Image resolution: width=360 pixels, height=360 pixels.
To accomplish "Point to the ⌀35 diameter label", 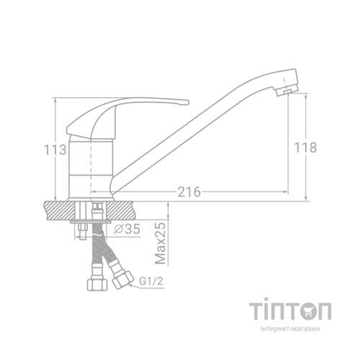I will click(127, 230).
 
